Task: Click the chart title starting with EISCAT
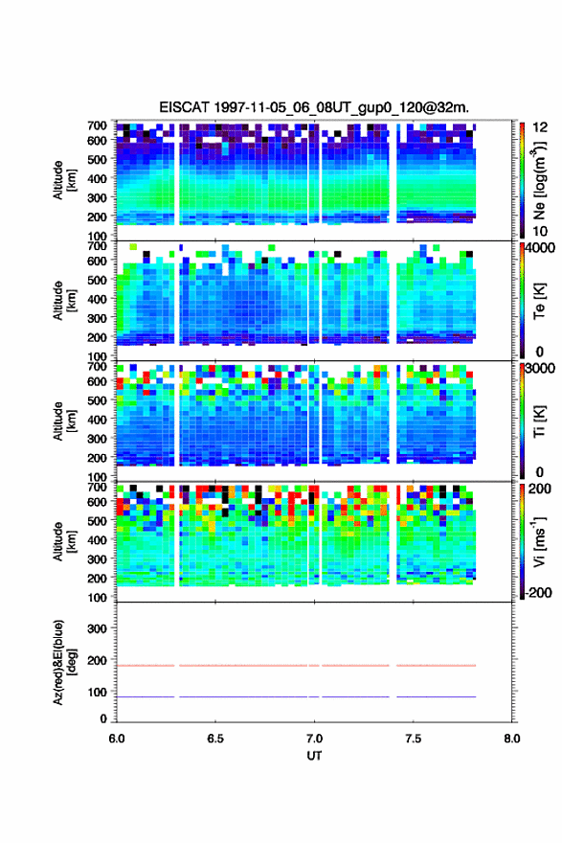(x=314, y=107)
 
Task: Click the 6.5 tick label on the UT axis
(x=215, y=739)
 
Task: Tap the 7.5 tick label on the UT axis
(x=414, y=739)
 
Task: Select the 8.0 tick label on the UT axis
(x=512, y=739)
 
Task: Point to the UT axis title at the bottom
(x=314, y=756)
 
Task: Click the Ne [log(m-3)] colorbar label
(x=539, y=180)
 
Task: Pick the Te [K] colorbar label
(x=539, y=301)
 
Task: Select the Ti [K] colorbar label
(x=539, y=421)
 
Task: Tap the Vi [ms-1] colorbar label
(x=539, y=541)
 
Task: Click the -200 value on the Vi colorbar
(x=537, y=592)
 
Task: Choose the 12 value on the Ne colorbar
(x=540, y=127)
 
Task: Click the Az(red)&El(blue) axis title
(x=64, y=662)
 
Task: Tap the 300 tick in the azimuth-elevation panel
(x=97, y=628)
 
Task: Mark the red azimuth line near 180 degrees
(x=296, y=666)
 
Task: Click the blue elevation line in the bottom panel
(x=296, y=696)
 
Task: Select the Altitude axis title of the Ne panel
(x=64, y=180)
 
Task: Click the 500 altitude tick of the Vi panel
(x=97, y=520)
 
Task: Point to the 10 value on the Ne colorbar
(x=540, y=231)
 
